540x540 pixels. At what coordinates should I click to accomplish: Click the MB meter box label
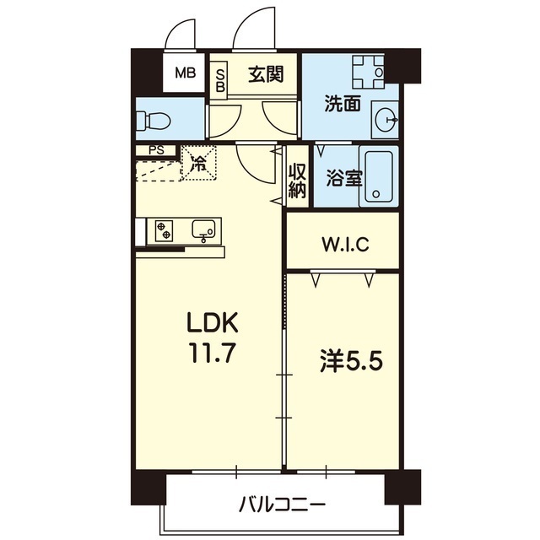[186, 73]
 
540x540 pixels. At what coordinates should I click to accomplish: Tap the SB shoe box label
[220, 81]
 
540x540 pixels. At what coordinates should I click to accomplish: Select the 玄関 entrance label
[266, 73]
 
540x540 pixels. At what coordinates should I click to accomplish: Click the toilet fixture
[154, 121]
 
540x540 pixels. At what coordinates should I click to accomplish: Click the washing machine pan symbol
[368, 71]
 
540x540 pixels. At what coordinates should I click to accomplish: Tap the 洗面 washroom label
[343, 104]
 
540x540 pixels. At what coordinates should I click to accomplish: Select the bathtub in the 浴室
[379, 176]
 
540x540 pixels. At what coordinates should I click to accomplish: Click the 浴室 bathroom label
[343, 179]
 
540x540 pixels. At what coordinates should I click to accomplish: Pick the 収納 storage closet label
[297, 180]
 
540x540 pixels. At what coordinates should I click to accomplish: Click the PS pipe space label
[156, 150]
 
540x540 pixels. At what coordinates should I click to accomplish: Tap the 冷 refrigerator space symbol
[199, 163]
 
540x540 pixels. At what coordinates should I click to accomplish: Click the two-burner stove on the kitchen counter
[164, 230]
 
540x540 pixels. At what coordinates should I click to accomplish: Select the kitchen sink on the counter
[203, 230]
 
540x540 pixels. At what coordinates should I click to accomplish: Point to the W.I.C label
[345, 244]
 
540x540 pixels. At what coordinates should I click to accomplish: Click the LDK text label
[212, 322]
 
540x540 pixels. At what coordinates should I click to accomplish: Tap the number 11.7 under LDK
[212, 353]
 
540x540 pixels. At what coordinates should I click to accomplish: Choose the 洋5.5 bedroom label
[351, 362]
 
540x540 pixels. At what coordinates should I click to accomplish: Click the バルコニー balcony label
[283, 505]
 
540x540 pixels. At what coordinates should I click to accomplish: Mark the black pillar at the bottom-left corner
[148, 487]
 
